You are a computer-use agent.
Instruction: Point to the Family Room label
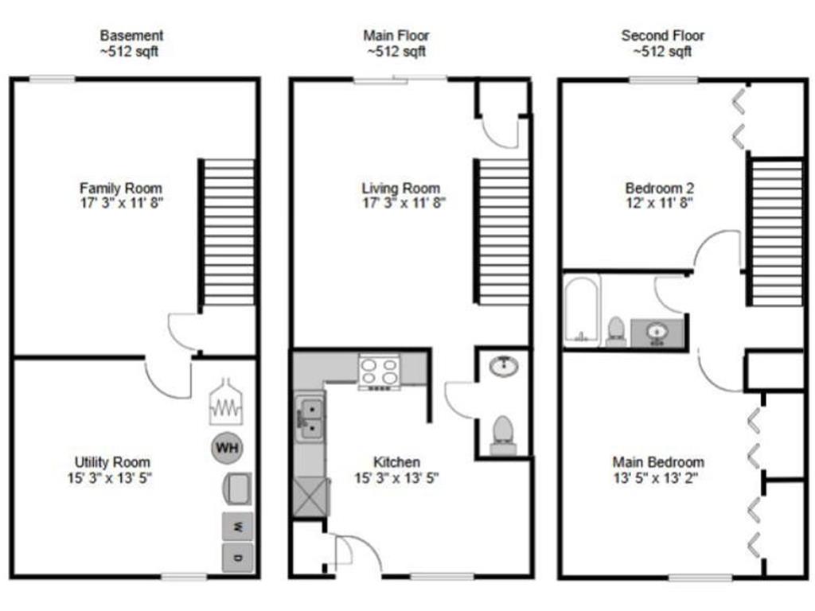point(120,189)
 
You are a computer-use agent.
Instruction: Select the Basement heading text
point(131,36)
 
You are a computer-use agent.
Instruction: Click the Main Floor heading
point(396,36)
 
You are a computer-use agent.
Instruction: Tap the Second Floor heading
point(662,36)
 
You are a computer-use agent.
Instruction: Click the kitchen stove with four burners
point(379,372)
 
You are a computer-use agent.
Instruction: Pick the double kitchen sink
point(310,419)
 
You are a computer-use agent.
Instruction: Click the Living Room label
point(401,189)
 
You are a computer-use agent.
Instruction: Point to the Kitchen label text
point(396,462)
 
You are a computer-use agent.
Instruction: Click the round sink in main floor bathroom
point(503,366)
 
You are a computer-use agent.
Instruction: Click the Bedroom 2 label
point(660,189)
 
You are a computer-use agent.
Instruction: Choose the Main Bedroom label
point(658,462)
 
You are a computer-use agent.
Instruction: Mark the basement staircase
point(228,232)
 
